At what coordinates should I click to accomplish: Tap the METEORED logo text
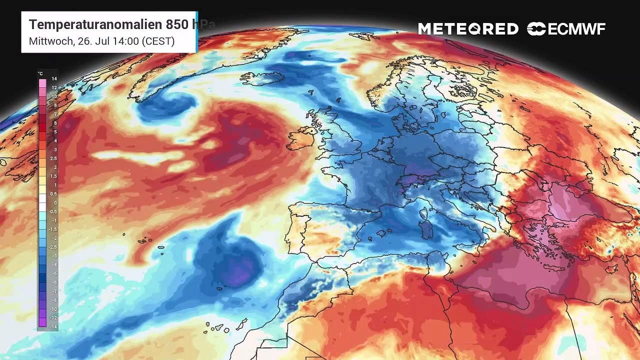pos(468,29)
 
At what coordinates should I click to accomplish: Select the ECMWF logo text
pos(576,29)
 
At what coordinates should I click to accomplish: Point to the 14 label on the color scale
pos(54,79)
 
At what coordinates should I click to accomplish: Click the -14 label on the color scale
pos(54,326)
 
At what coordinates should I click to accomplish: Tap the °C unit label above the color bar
pos(40,73)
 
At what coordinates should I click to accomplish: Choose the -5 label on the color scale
pos(54,273)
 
